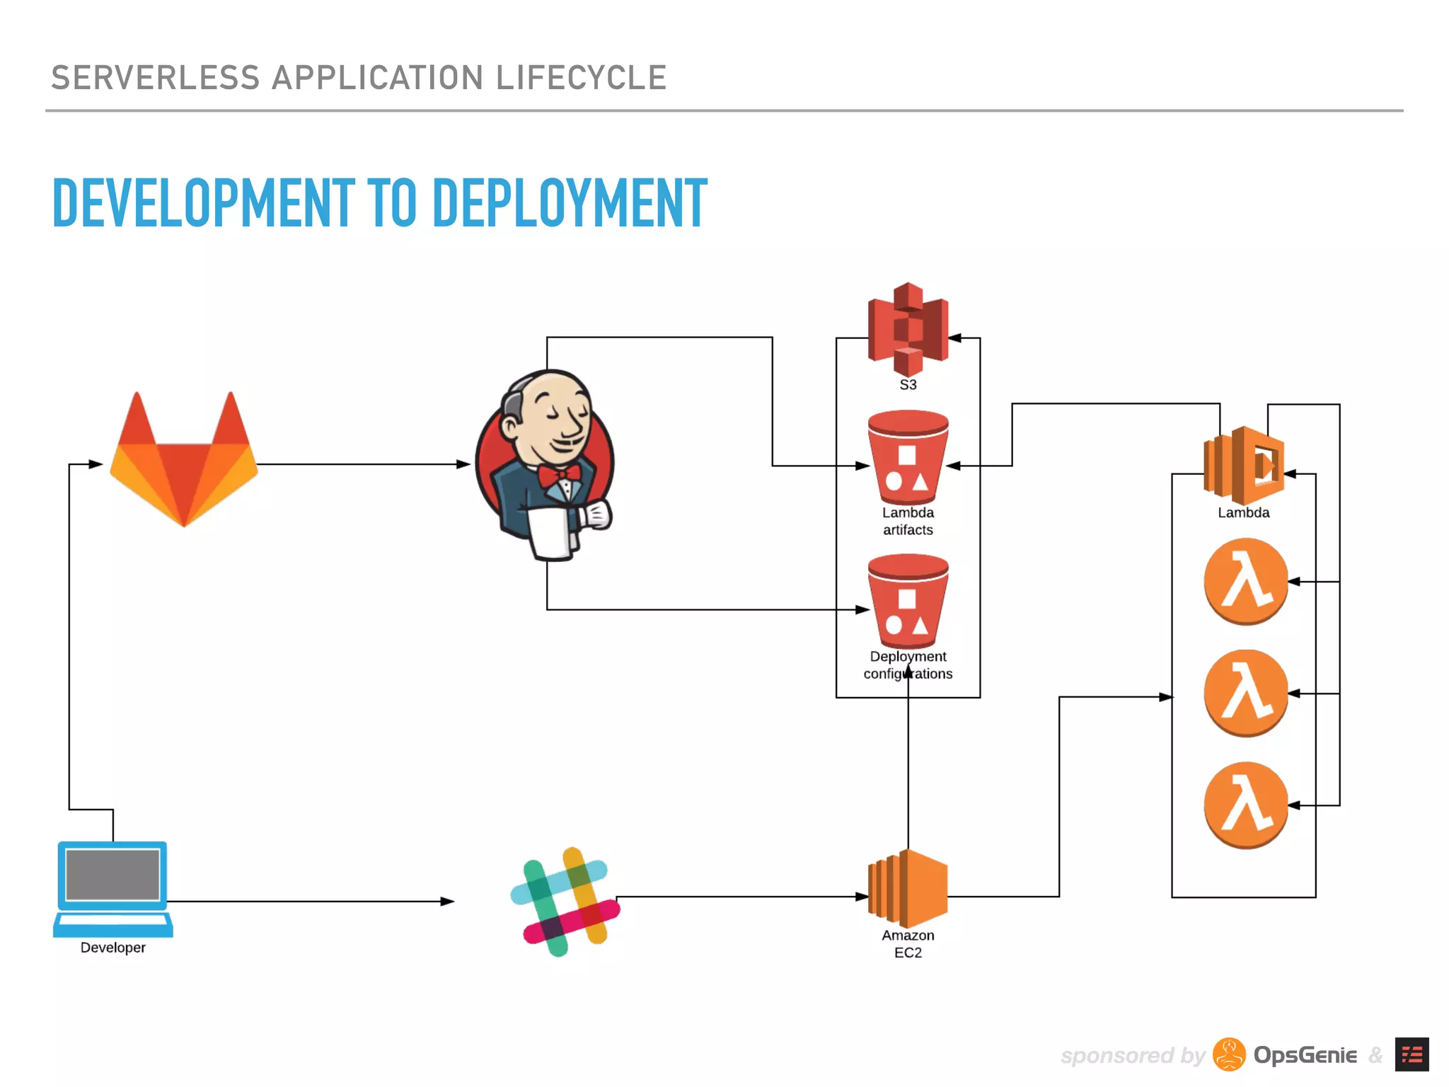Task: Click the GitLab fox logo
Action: pos(184,460)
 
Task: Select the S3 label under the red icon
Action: pos(908,385)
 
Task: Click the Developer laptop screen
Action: pos(112,875)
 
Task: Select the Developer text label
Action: pos(112,948)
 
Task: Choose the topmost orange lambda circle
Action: pos(1245,581)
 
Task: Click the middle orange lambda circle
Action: pos(1245,693)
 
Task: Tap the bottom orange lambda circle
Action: pos(1245,805)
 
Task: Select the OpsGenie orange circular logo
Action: pos(1229,1054)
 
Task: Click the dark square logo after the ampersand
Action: pos(1412,1054)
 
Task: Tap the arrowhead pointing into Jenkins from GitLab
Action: pos(463,464)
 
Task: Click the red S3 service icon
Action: pos(908,329)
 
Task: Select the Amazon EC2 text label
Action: pos(908,944)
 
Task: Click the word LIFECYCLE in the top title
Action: pos(581,78)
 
